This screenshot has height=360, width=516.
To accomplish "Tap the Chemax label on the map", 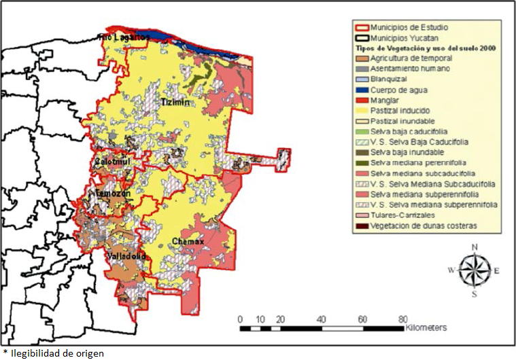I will (188, 241).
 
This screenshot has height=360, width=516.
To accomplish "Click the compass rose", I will (474, 270).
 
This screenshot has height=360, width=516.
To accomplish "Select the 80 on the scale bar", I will (403, 319).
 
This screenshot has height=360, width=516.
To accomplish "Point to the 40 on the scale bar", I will (322, 319).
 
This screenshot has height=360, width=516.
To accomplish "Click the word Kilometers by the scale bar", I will (426, 327).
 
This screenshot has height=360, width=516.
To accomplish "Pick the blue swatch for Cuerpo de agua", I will (360, 89).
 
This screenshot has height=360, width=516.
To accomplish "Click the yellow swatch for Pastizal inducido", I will (360, 110).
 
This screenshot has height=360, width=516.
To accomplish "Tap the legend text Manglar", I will (385, 100).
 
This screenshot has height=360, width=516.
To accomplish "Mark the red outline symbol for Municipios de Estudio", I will (360, 27).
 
